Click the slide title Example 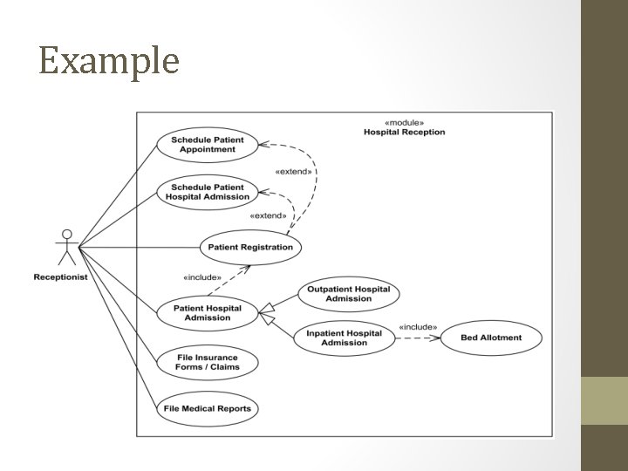(109, 61)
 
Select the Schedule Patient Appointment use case (208, 145)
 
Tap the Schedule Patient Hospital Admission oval (208, 192)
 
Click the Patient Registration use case (250, 248)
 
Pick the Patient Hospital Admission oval (208, 313)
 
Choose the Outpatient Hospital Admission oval (348, 294)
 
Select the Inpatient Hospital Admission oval (345, 338)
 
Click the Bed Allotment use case (491, 338)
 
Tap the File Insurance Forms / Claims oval (208, 362)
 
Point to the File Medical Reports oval (208, 408)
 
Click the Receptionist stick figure (66, 248)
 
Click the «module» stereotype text (404, 122)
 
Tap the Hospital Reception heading (404, 133)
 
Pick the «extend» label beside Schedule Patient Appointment (293, 172)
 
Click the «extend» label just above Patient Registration (268, 215)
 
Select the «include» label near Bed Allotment (417, 327)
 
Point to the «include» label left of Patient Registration (201, 278)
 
